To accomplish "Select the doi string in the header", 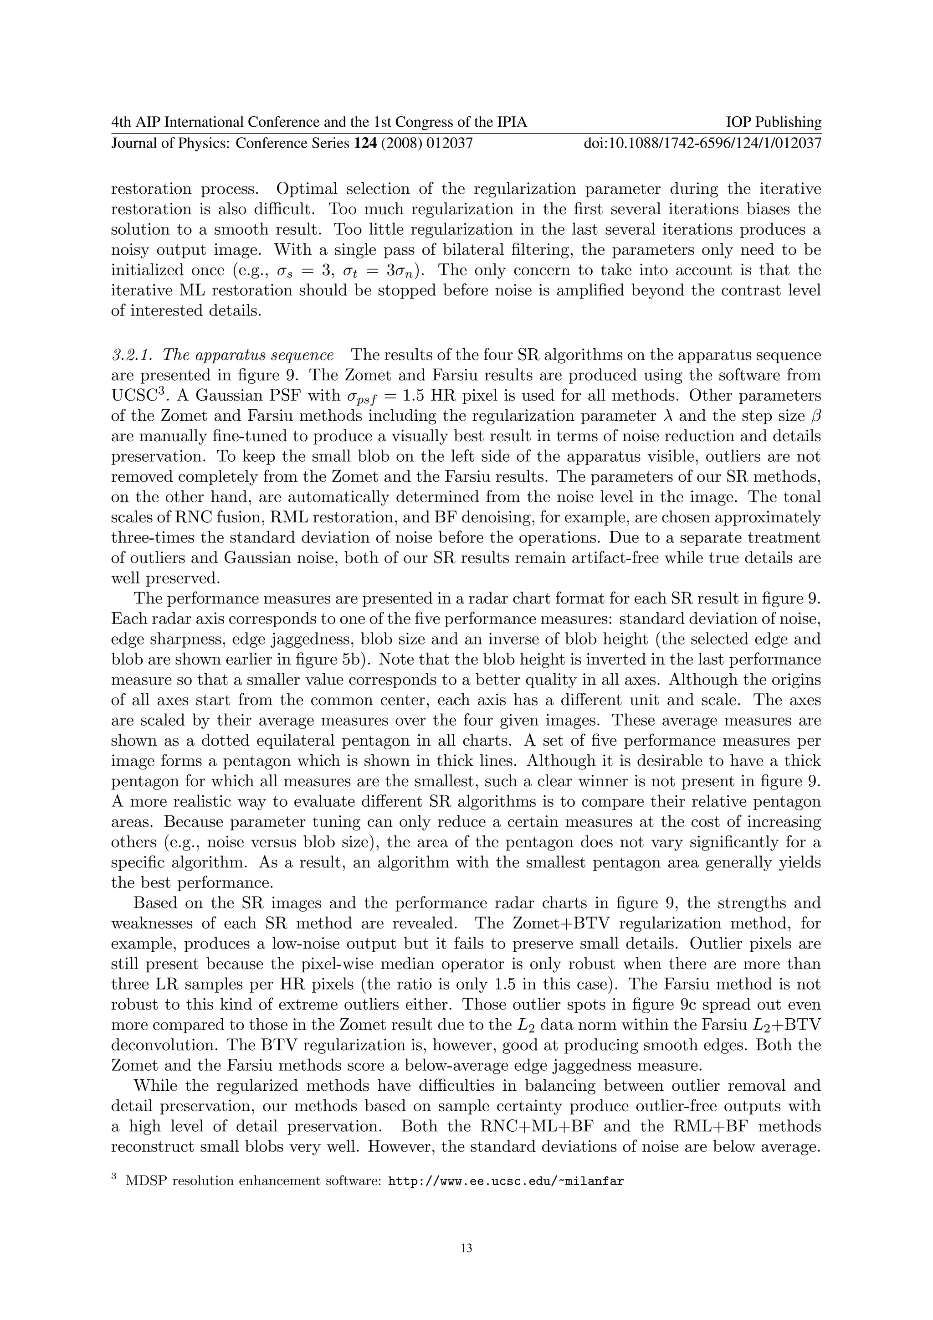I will [x=702, y=143].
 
